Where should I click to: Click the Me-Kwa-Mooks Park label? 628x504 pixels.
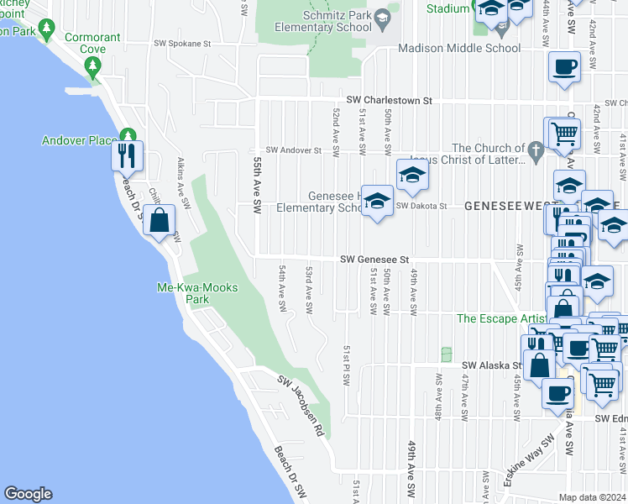(x=197, y=293)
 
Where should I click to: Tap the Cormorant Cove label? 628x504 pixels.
(x=92, y=44)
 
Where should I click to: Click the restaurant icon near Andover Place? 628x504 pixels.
(x=127, y=155)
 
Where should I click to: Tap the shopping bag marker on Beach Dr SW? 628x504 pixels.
(x=159, y=221)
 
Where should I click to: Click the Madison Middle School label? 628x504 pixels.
(x=459, y=49)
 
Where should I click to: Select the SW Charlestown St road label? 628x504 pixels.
(x=385, y=101)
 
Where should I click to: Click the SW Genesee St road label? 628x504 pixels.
(x=374, y=260)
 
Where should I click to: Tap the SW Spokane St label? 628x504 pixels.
(x=182, y=42)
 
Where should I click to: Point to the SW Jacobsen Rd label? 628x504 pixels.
(x=301, y=405)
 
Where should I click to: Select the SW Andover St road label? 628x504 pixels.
(x=294, y=150)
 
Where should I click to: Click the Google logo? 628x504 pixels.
(x=28, y=494)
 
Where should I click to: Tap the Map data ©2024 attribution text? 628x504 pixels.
(x=592, y=497)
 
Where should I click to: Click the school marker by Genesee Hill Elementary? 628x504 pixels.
(x=378, y=200)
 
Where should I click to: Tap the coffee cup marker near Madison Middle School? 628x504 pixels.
(x=565, y=66)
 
